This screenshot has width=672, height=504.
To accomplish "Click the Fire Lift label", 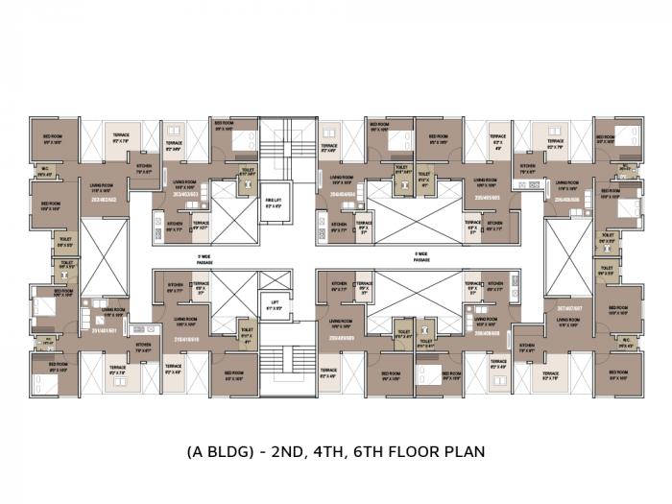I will coord(274,203).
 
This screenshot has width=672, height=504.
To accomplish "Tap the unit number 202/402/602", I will coord(103,200).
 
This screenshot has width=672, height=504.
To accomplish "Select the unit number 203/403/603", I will coord(184,193).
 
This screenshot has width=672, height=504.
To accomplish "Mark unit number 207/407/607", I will coord(570,308).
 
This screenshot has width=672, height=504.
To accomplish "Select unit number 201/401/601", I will coord(103,329).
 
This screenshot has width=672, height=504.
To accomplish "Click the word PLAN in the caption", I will coord(465,450).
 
